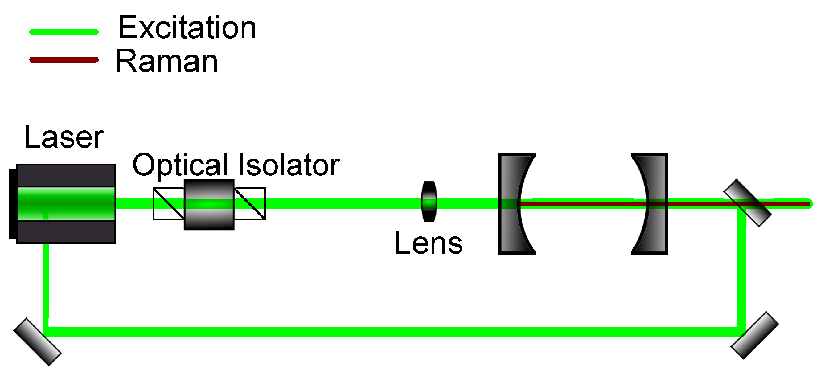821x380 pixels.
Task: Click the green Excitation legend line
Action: (64, 32)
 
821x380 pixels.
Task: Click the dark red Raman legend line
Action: (64, 59)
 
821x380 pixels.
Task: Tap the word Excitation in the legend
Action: (187, 28)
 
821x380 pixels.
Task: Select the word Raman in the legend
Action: (166, 61)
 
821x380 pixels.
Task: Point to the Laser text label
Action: (64, 137)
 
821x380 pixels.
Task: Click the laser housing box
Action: (66, 175)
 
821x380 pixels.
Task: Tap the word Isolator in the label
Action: (289, 165)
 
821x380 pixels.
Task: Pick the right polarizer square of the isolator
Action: (250, 204)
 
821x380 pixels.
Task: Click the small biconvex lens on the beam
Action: (429, 202)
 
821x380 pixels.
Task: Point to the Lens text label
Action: (428, 243)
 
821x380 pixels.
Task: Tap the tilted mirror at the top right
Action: (748, 203)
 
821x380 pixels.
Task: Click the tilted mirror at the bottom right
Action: (754, 335)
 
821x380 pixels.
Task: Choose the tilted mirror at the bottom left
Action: (37, 342)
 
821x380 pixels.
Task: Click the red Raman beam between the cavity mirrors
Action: (583, 203)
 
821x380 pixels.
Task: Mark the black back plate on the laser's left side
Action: (12, 204)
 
